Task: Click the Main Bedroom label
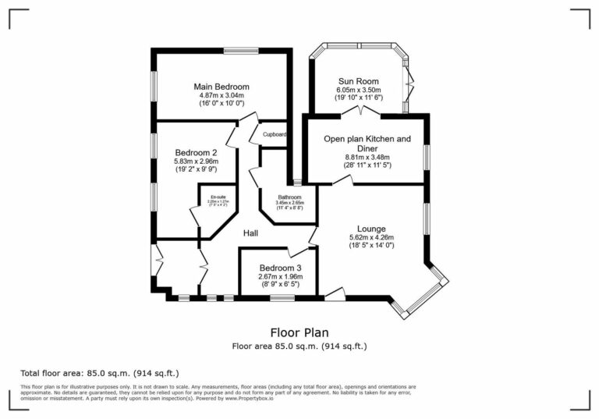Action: tap(221, 86)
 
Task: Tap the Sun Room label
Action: tap(358, 81)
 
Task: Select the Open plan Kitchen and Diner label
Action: tap(367, 144)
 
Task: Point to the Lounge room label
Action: tap(371, 229)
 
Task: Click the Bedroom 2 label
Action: tap(196, 152)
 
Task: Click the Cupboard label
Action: tap(274, 134)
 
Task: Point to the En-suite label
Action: tap(218, 197)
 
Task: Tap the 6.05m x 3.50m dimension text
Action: tap(358, 90)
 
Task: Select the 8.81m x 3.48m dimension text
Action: tap(367, 157)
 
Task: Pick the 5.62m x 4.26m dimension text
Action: tap(371, 237)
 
